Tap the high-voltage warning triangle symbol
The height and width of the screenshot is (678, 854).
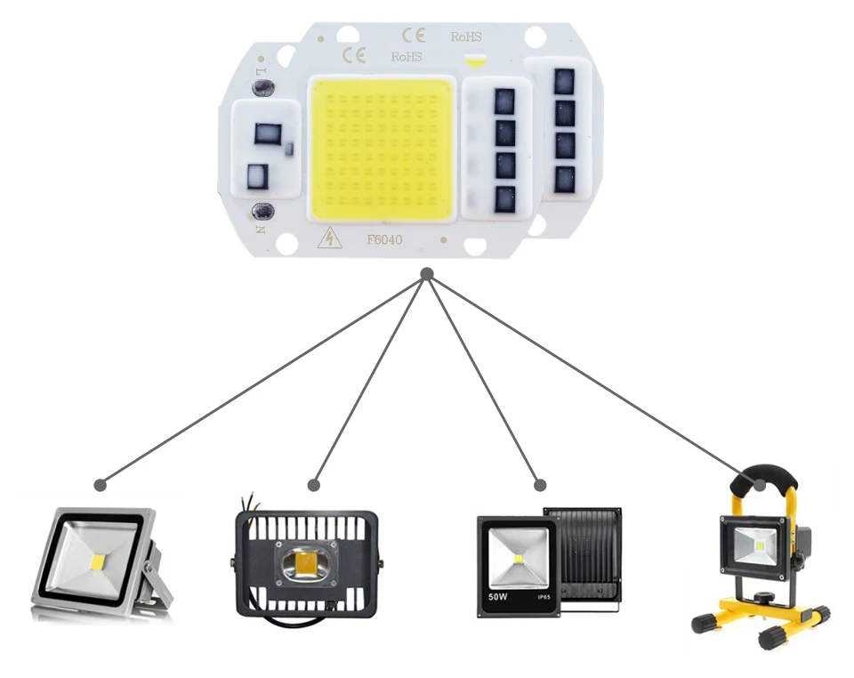coord(331,238)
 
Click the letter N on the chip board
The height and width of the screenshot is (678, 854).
coord(261,228)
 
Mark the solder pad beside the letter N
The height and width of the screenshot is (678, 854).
coord(262,211)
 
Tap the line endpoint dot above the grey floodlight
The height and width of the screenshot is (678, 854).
coord(101,486)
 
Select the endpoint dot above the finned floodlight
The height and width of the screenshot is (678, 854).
coord(313,485)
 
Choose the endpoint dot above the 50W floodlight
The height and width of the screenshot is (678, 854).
coord(540,485)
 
